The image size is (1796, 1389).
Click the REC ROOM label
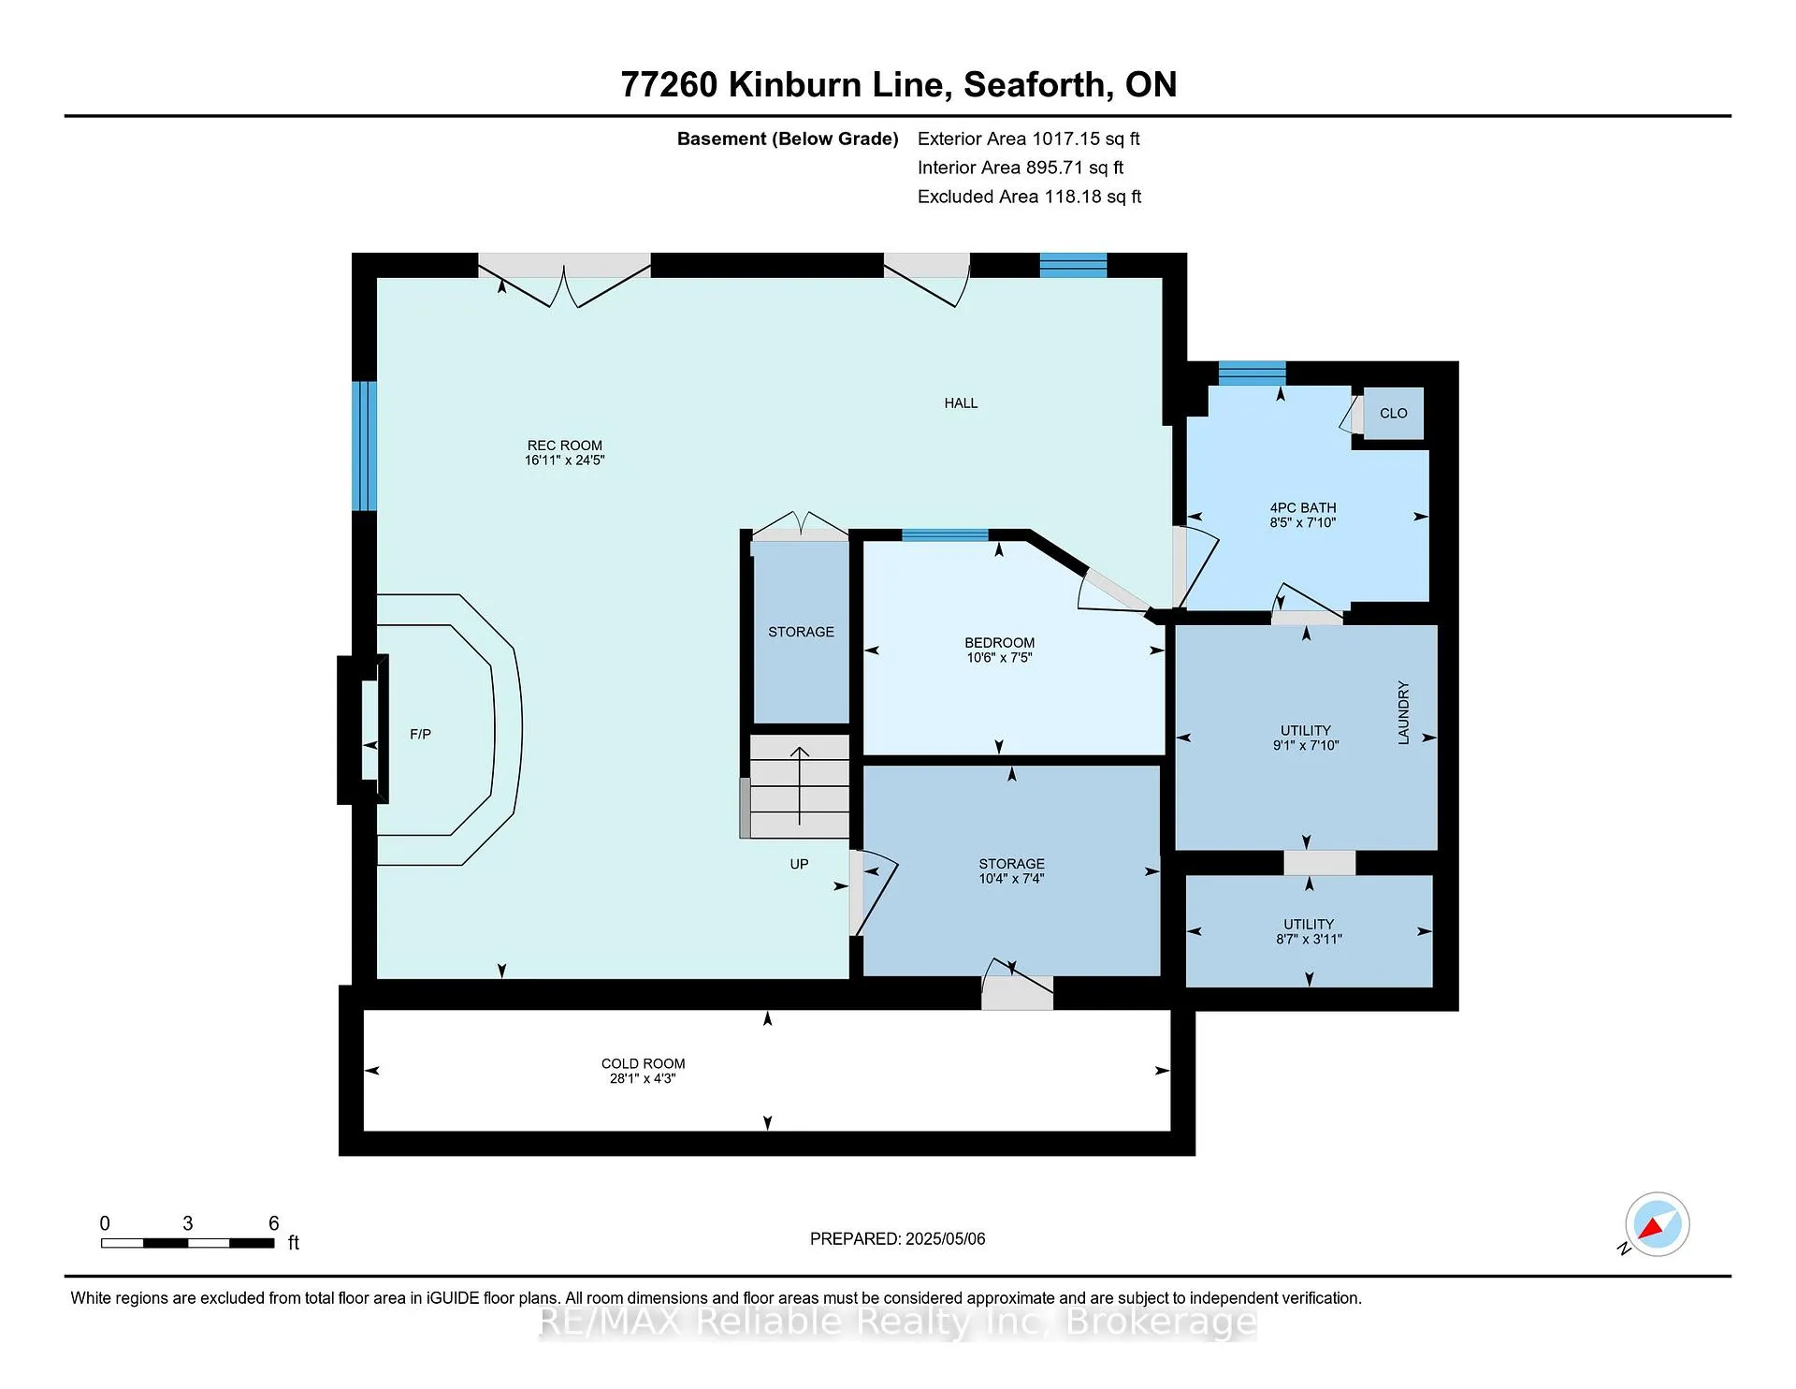[565, 446]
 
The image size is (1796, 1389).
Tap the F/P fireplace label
[420, 735]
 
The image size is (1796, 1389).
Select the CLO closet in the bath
[1393, 413]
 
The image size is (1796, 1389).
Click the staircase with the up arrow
[799, 786]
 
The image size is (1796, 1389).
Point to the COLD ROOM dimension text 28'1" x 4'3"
[643, 1078]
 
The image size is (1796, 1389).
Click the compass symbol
[1657, 1224]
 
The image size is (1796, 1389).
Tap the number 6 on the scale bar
[274, 1223]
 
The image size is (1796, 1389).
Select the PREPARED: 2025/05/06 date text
[897, 1238]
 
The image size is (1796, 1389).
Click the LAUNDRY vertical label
[1403, 713]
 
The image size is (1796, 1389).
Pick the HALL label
[961, 403]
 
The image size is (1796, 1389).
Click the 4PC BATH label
[1303, 508]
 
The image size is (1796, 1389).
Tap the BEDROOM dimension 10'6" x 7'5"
[999, 658]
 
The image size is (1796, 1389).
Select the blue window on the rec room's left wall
[364, 446]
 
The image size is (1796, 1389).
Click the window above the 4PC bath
[1252, 373]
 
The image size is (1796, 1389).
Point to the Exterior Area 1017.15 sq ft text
[1028, 139]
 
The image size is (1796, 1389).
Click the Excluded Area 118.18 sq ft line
[1029, 197]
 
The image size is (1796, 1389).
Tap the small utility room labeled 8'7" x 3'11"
[1309, 930]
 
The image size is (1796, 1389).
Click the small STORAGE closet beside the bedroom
[802, 632]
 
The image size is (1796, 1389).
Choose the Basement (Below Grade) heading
[788, 139]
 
